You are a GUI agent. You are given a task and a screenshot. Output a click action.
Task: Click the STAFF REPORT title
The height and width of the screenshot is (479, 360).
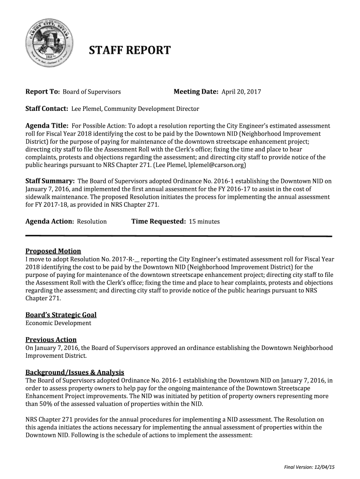130,50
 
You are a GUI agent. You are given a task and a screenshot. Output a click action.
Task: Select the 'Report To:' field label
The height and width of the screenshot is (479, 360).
43,92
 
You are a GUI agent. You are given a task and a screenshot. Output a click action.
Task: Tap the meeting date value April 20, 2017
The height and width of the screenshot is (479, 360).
241,92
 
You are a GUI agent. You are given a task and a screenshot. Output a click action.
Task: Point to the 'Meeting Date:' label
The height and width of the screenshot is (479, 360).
196,92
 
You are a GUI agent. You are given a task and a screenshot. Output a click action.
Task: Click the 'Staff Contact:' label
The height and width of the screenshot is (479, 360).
47,109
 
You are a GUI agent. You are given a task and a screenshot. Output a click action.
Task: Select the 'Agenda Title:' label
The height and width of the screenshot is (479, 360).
47,126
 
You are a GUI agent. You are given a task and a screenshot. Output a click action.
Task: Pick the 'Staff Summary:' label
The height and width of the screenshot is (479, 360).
50,181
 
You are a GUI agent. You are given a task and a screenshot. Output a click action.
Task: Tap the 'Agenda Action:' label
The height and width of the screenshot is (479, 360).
50,221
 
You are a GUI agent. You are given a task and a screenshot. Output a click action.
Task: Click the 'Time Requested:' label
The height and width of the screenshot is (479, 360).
158,221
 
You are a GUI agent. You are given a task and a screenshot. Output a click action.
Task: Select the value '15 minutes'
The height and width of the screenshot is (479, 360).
204,222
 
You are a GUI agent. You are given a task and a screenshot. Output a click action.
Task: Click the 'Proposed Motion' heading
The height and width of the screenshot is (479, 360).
53,251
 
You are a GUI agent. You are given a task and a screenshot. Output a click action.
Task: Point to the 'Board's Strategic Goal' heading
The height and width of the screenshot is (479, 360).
61,315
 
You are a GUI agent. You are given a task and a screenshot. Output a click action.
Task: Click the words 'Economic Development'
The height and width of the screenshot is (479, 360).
58,323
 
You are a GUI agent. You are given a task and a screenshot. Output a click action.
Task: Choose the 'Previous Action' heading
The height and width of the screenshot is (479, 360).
51,340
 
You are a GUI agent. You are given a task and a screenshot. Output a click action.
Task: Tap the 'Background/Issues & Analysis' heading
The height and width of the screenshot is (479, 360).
74,372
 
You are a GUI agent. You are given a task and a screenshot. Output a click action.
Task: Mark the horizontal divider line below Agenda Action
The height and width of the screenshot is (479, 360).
178,236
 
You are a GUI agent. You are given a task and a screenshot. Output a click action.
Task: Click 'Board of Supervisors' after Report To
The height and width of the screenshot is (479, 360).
92,92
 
